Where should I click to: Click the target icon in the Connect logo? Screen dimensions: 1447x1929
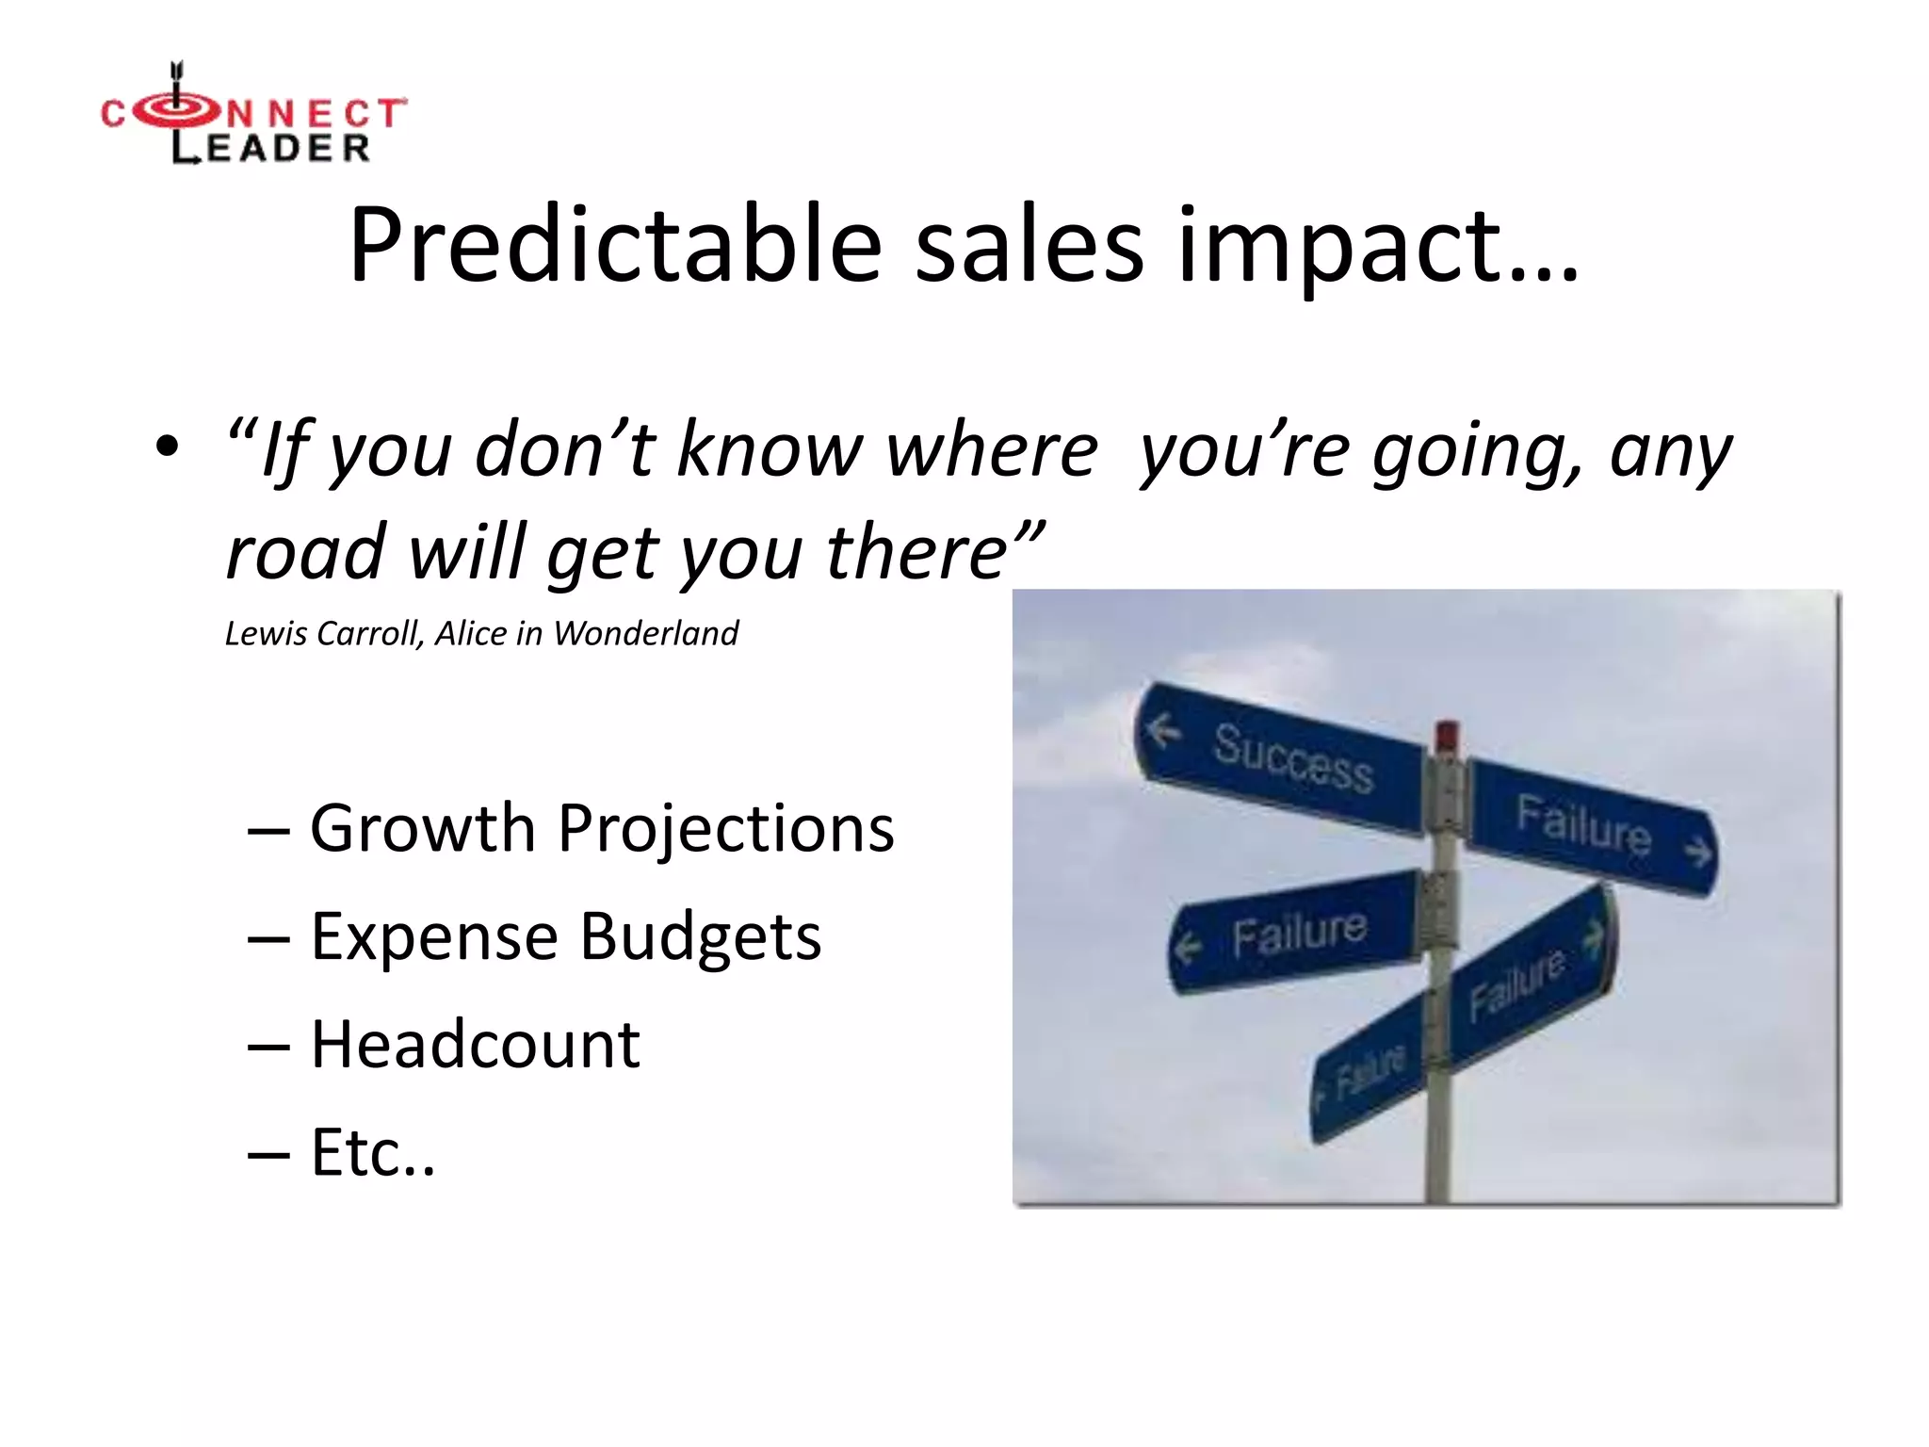pyautogui.click(x=175, y=111)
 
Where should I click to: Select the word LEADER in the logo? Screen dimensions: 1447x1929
pyautogui.click(x=271, y=148)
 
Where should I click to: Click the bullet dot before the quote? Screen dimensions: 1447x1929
pyautogui.click(x=167, y=447)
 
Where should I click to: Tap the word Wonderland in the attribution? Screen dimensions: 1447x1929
pyautogui.click(x=646, y=633)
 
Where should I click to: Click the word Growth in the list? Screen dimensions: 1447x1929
pyautogui.click(x=423, y=829)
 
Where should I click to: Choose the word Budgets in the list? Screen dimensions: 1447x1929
pyautogui.click(x=700, y=937)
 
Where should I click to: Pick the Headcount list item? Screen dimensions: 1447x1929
pyautogui.click(x=476, y=1046)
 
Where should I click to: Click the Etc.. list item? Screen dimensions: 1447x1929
pyautogui.click(x=373, y=1153)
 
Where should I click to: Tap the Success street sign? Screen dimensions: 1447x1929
pyautogui.click(x=1281, y=758)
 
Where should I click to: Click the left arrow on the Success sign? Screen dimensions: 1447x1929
pyautogui.click(x=1163, y=729)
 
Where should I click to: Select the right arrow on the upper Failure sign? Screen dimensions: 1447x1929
pyautogui.click(x=1697, y=854)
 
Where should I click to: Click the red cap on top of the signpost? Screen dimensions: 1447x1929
pyautogui.click(x=1447, y=736)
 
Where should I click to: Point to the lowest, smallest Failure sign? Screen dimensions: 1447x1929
pyautogui.click(x=1370, y=1073)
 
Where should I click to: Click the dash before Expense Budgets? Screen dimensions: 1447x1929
pyautogui.click(x=268, y=939)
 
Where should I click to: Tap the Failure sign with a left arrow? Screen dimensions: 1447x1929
pyautogui.click(x=1295, y=933)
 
